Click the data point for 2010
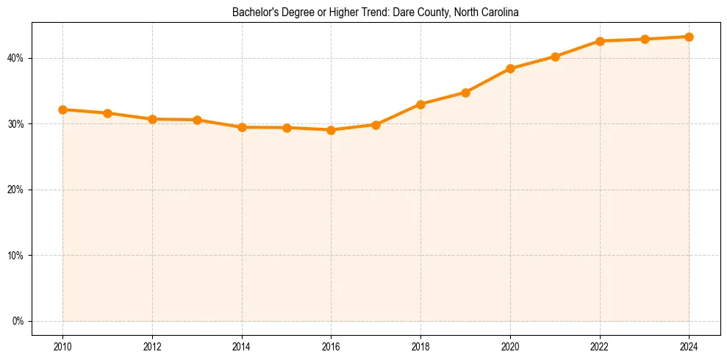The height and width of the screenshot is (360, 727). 62,109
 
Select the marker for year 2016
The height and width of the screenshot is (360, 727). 331,130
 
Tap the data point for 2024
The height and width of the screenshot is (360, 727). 689,37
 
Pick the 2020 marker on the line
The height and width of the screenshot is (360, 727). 510,68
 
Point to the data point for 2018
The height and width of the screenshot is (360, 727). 420,104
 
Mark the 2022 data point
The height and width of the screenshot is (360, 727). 600,41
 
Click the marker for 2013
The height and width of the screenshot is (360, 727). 197,120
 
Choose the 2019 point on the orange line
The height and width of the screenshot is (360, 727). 465,93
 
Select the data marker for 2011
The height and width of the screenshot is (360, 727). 107,113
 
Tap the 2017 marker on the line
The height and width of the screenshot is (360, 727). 376,125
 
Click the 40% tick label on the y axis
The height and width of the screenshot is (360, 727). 16,58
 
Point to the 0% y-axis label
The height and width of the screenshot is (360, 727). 18,321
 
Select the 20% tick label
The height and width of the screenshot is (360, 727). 16,190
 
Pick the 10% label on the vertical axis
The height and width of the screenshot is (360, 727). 16,256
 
